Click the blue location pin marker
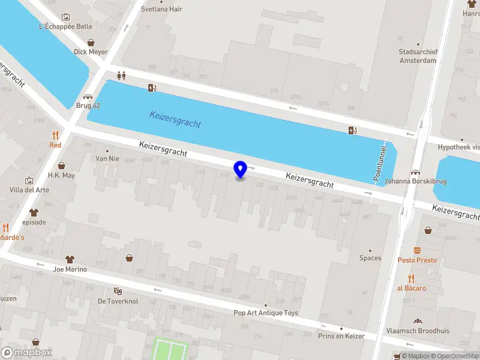coord(241,170)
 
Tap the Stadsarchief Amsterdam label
coord(417,56)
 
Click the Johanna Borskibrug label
coord(415,181)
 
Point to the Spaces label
coord(370,258)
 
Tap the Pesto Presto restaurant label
coord(417,260)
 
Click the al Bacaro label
coord(412,288)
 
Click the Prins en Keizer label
coord(341,336)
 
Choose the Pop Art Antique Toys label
coord(266,313)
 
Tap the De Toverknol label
coord(118,301)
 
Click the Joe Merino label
coord(70,269)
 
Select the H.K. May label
coord(61,175)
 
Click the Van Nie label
coord(108,159)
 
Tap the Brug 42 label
coord(88,106)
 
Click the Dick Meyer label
coord(91,52)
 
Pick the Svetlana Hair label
coord(161,9)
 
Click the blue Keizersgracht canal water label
coord(175,119)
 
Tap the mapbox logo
coord(26,353)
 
